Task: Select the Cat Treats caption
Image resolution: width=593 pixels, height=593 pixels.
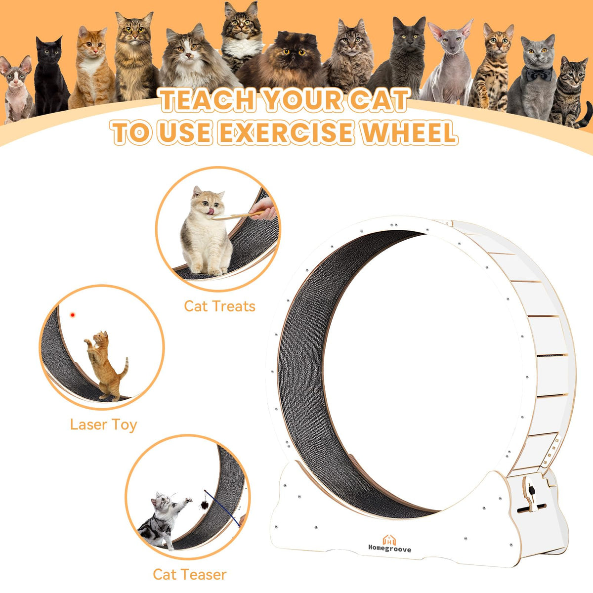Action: (220, 306)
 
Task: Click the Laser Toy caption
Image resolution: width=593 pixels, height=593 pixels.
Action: (103, 425)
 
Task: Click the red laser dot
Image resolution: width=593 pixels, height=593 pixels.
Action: (73, 315)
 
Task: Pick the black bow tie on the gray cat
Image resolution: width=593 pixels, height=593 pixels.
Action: (539, 74)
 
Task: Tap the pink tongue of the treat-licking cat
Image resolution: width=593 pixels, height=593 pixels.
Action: (210, 211)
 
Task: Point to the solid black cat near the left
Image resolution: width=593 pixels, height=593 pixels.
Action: (51, 76)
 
